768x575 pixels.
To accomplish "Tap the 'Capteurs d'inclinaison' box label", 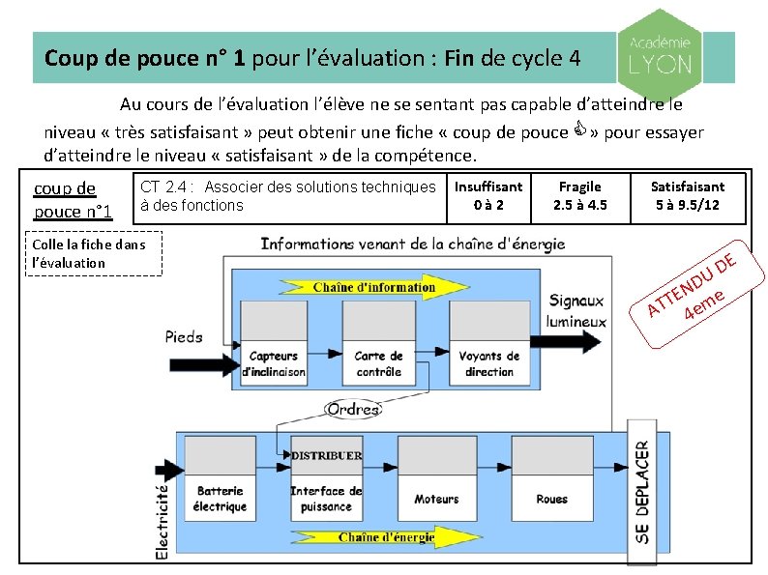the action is (x=273, y=363).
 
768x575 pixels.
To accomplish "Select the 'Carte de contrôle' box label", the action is (x=377, y=363).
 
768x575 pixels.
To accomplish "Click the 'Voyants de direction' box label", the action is (x=489, y=363).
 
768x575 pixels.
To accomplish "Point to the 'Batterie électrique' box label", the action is (x=220, y=499).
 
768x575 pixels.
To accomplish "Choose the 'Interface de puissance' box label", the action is (x=326, y=499).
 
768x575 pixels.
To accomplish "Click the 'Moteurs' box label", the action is (x=436, y=499).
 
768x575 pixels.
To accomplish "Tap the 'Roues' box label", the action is (x=551, y=499).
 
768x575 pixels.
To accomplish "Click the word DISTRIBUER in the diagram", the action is (x=327, y=455).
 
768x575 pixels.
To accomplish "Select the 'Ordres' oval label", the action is (x=353, y=410).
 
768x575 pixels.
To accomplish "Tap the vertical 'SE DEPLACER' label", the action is (x=642, y=491).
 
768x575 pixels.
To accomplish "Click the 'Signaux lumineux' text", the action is (x=576, y=311).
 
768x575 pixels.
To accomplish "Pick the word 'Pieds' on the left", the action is (x=184, y=337).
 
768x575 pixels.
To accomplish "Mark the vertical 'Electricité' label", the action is (x=162, y=520).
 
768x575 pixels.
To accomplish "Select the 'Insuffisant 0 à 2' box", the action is (x=488, y=195).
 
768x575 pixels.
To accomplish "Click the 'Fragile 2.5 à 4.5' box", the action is (x=580, y=195).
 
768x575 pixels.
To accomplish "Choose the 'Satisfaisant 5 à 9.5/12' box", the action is (x=687, y=195).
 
